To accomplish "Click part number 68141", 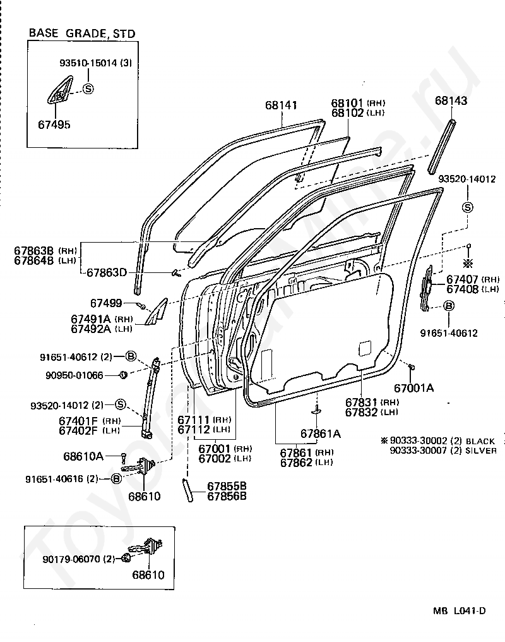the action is coord(281,106).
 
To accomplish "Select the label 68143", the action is coord(451,100).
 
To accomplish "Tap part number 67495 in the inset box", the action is coord(54,125).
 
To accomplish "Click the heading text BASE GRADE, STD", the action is coord(82,33).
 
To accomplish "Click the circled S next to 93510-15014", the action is coord(88,88).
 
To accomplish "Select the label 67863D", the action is coord(107,272).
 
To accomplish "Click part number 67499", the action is coord(106,303).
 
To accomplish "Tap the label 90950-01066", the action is coord(74,375).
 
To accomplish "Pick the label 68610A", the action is coord(83,456).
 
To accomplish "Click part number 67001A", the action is coord(413,388).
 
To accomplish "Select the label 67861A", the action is coord(321,433).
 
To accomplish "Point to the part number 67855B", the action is coord(227,486).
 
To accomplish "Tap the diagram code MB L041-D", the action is coord(460,611).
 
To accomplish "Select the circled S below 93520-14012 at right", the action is coord(467,207).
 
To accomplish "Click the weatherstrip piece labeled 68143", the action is coord(442,146).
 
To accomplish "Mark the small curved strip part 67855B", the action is coord(187,489).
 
